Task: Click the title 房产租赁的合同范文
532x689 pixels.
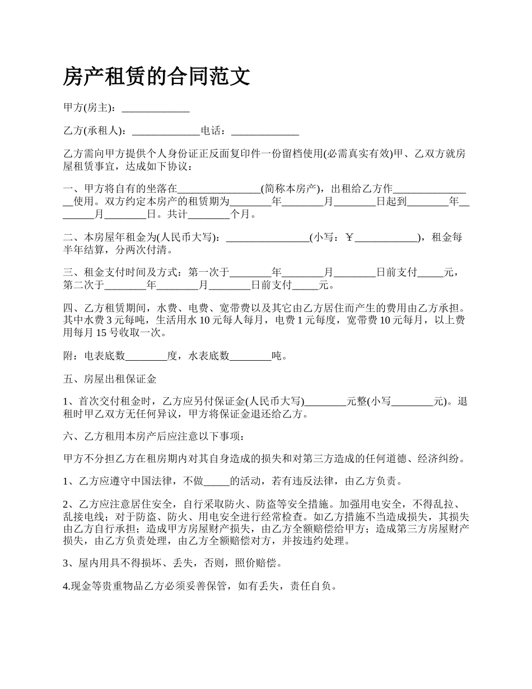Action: (156, 76)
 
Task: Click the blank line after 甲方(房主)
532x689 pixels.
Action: (155, 108)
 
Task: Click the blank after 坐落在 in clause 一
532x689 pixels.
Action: (219, 188)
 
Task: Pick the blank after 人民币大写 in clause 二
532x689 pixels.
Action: (267, 238)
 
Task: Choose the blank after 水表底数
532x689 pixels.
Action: (251, 356)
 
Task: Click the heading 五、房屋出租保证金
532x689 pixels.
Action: (110, 379)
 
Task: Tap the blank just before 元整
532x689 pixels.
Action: (325, 402)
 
